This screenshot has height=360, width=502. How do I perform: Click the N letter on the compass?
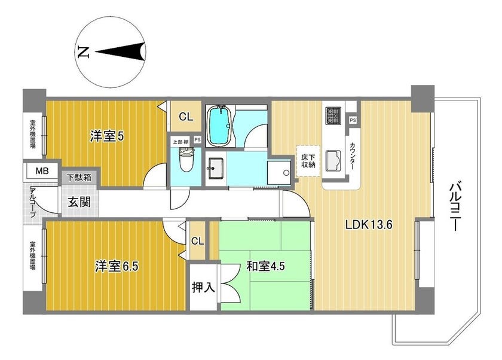[x=84, y=52]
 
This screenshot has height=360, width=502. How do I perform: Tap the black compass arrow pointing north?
[x=121, y=52]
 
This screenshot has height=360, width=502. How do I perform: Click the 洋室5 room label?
[x=106, y=137]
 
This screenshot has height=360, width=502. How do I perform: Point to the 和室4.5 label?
[x=265, y=266]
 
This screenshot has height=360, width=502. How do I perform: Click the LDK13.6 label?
[x=369, y=225]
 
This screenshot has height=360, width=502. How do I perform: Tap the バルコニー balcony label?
[x=455, y=206]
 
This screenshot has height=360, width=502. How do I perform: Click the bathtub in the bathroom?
[x=219, y=126]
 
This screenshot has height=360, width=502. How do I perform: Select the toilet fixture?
[x=186, y=160]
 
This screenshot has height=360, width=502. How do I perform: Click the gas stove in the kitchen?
[x=333, y=115]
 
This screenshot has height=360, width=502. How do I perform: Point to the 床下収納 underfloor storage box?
[x=308, y=161]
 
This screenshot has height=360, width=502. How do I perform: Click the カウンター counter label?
[x=353, y=156]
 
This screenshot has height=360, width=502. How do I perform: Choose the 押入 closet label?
[x=203, y=287]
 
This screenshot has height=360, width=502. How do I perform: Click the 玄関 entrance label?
[x=79, y=202]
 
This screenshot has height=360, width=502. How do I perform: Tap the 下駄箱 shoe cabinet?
[x=79, y=178]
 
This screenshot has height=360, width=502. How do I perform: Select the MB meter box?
[x=42, y=171]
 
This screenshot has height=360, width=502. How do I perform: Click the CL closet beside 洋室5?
[x=186, y=116]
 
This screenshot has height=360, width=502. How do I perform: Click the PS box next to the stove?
[x=353, y=120]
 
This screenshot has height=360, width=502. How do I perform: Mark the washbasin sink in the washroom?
[x=215, y=169]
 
